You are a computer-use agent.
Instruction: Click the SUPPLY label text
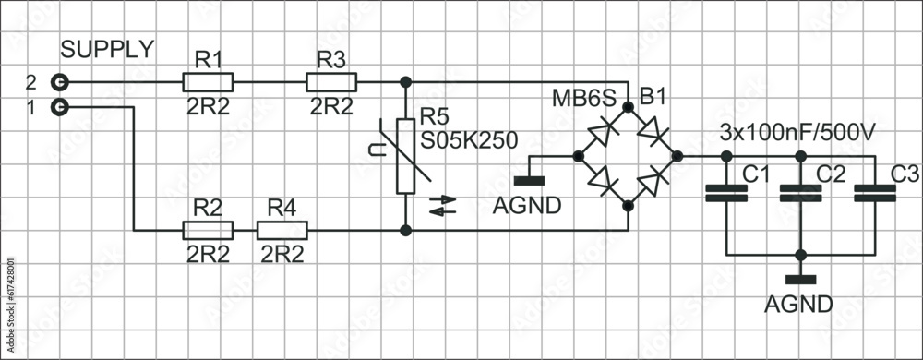[x=107, y=50]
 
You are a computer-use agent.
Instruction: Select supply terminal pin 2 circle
[x=60, y=82]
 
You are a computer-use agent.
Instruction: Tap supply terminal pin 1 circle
[x=60, y=107]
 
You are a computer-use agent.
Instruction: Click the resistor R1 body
[x=209, y=82]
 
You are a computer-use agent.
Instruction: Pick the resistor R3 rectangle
[x=330, y=82]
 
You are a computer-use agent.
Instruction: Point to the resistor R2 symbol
[x=209, y=230]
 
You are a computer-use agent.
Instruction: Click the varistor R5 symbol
[x=404, y=156]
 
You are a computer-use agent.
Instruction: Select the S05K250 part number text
[x=468, y=140]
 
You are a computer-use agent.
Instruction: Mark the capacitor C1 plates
[x=726, y=193]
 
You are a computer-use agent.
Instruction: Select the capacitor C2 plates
[x=800, y=193]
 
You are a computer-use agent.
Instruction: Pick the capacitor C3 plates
[x=874, y=193]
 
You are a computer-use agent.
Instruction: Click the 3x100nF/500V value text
[x=797, y=133]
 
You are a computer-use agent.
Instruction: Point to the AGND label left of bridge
[x=527, y=206]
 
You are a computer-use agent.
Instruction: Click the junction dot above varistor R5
[x=404, y=82]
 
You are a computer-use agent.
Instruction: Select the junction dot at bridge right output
[x=677, y=156]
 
